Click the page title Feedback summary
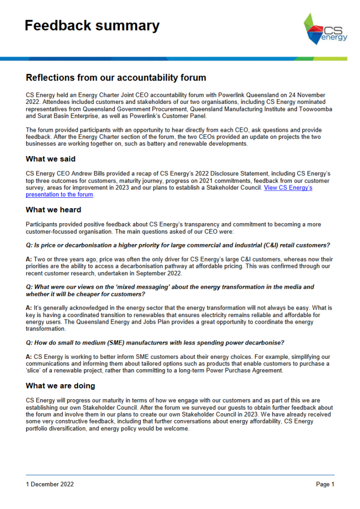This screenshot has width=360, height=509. tap(92, 26)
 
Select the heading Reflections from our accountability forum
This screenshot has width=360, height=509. tap(116, 78)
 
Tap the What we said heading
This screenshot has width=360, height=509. tap(51, 160)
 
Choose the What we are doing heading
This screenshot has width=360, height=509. tap(60, 386)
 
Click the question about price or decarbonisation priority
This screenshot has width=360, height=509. tap(178, 246)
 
